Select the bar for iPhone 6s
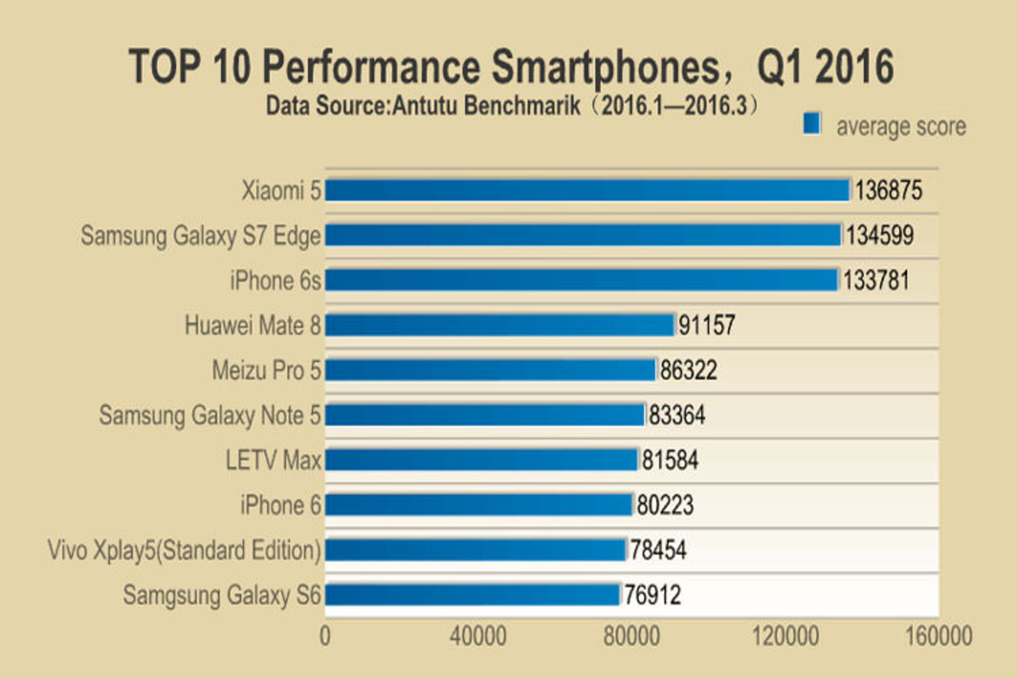click(x=582, y=280)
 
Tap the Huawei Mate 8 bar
click(x=499, y=325)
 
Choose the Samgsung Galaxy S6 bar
click(x=472, y=594)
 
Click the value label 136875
click(x=888, y=190)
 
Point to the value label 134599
click(x=879, y=235)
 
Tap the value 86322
click(x=688, y=370)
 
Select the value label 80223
click(x=664, y=505)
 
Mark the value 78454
click(x=657, y=550)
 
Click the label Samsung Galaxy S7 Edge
click(x=201, y=236)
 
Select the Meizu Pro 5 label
click(x=266, y=370)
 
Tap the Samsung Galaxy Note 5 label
click(x=210, y=415)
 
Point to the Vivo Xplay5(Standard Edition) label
click(x=184, y=550)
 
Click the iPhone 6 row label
click(x=281, y=505)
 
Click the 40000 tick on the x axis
click(x=478, y=636)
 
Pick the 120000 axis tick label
click(x=786, y=636)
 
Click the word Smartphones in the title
click(x=605, y=68)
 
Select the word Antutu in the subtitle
click(x=424, y=106)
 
